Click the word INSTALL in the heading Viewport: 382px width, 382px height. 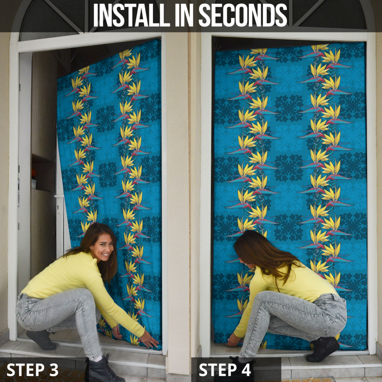click(132, 15)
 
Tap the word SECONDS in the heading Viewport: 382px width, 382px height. click(243, 15)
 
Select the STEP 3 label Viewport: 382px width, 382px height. click(32, 370)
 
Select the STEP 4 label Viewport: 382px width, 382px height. click(225, 370)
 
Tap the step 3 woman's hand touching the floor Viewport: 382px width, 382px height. click(149, 339)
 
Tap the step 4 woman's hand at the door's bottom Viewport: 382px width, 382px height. click(233, 339)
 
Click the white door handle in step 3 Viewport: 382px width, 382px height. click(59, 195)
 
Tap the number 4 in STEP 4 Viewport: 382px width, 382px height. click(246, 370)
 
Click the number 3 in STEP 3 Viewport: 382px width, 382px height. click(54, 370)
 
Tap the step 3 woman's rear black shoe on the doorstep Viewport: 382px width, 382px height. click(41, 340)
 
